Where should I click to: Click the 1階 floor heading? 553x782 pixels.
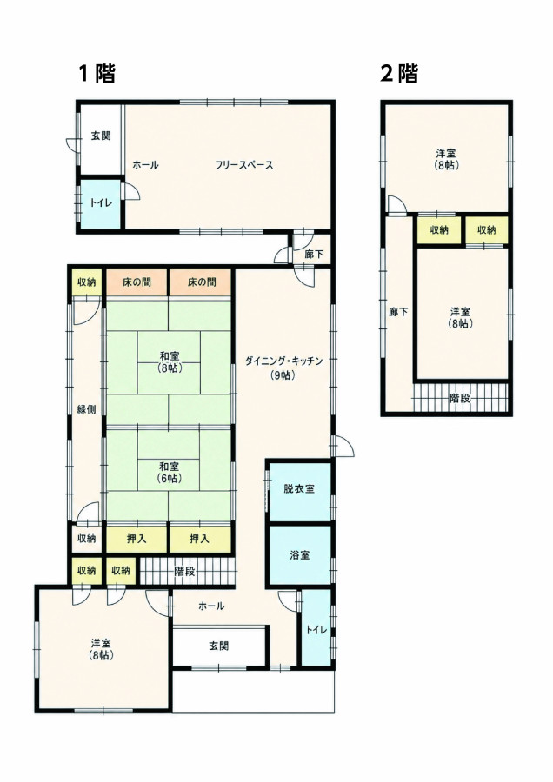[97, 74]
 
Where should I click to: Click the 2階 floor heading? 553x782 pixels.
[399, 74]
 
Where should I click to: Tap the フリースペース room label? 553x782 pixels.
[244, 165]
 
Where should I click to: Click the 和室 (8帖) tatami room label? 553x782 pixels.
[170, 362]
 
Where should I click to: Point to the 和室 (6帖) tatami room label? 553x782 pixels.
[170, 473]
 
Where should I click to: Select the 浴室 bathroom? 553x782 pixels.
[299, 554]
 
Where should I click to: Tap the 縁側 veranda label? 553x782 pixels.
[86, 409]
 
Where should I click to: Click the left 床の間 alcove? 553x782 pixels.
[137, 282]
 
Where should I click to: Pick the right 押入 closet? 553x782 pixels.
[200, 539]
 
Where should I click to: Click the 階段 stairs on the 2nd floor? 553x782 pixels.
[460, 398]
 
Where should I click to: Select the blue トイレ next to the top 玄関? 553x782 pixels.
[101, 204]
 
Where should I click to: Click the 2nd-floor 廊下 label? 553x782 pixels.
[399, 313]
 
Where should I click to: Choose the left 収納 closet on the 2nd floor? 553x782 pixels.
[439, 230]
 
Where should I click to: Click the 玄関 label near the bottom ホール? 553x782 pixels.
[218, 646]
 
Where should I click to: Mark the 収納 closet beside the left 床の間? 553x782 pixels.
[86, 282]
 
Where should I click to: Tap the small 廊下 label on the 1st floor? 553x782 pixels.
[314, 255]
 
